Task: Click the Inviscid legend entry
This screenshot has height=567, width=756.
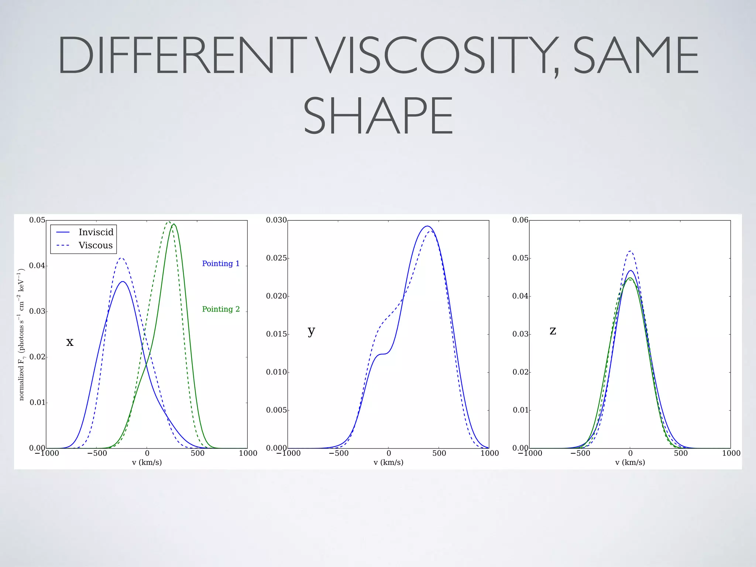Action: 96,232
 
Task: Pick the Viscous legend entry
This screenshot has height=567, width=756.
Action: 95,245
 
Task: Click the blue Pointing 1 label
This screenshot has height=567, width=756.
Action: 221,264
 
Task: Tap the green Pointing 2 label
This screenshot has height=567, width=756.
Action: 221,309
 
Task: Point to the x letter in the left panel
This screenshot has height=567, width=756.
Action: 70,342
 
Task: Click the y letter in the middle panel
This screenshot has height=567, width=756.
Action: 311,331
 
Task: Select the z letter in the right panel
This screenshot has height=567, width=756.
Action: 553,330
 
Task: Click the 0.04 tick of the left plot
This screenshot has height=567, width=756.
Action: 37,266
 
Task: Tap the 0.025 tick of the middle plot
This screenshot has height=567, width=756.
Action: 276,258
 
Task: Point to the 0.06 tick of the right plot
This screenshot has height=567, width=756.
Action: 520,220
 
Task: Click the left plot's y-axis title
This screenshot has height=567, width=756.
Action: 21,334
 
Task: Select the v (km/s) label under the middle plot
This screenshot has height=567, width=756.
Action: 388,462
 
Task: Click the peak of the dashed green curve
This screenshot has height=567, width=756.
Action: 168,222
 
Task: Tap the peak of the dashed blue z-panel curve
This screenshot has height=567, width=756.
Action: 630,251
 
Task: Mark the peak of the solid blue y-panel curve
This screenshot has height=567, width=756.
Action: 427,226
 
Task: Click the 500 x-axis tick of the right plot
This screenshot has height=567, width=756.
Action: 681,453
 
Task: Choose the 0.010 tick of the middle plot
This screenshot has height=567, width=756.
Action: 276,372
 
